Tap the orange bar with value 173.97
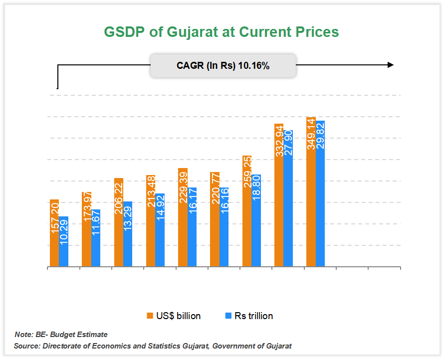tap(86, 230)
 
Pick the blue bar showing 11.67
tap(96, 238)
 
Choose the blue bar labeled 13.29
tap(128, 234)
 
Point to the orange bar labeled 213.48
tap(151, 221)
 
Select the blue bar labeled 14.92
tap(160, 230)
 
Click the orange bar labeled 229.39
tap(183, 218)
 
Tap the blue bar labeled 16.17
tap(192, 227)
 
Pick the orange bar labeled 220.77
tap(215, 220)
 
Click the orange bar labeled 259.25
tap(246, 211)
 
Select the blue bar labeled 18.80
tap(256, 221)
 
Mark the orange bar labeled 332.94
tap(278, 195)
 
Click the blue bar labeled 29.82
tap(320, 194)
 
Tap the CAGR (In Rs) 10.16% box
tap(223, 65)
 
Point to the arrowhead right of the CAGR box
tap(390, 65)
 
